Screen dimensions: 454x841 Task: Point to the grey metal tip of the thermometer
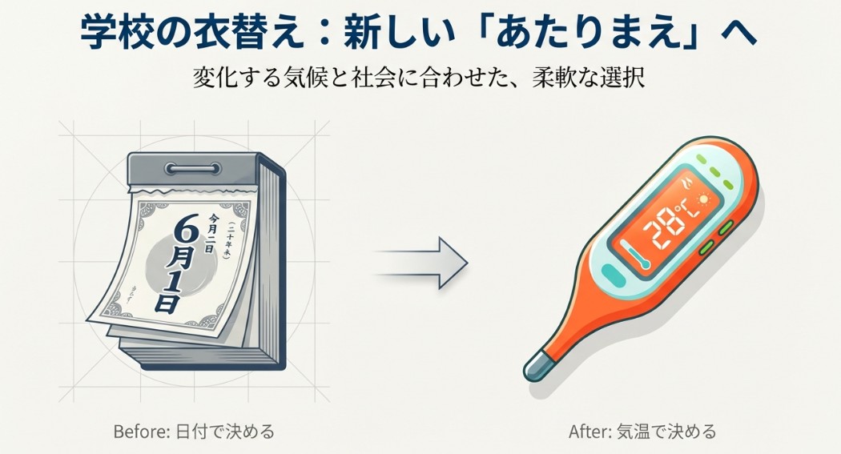click(534, 368)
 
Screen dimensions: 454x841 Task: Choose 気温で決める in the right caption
click(666, 432)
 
